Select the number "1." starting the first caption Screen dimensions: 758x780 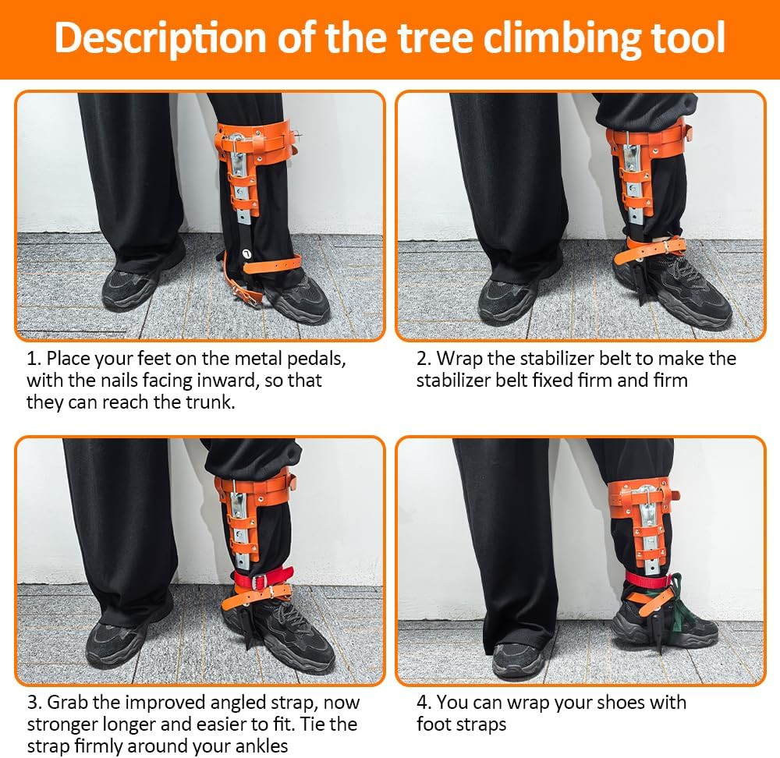click(34, 360)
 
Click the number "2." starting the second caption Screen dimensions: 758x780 click(424, 360)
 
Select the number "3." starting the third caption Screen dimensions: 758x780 click(34, 703)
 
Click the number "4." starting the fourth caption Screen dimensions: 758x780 click(424, 703)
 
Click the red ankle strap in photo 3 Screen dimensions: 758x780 click(262, 579)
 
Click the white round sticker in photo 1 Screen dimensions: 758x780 click(247, 253)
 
